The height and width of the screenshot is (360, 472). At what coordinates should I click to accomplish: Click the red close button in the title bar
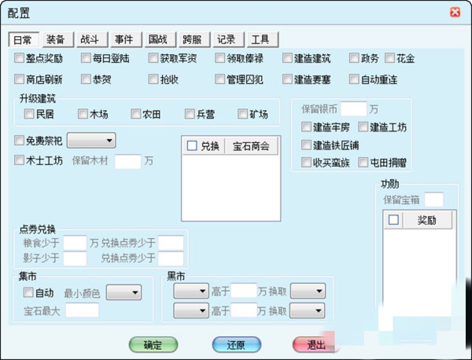[x=455, y=12]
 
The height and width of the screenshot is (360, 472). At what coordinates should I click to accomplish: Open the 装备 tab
[x=58, y=40]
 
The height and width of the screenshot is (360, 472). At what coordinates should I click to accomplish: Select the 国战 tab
[x=160, y=40]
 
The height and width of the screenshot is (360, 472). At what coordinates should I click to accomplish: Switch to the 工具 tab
[x=263, y=40]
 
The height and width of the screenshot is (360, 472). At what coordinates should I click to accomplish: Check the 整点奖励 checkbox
[x=19, y=58]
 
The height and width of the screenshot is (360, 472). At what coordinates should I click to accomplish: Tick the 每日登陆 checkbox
[x=86, y=58]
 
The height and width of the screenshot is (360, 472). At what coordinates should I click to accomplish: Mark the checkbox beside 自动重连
[x=354, y=79]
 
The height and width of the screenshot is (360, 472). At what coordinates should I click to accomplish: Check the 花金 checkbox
[x=390, y=58]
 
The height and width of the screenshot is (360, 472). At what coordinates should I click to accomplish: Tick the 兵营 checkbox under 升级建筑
[x=190, y=114]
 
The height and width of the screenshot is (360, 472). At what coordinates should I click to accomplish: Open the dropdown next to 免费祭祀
[x=91, y=140]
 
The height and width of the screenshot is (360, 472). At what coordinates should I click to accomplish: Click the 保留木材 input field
[x=128, y=161]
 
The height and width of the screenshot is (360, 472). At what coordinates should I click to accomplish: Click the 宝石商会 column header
[x=251, y=146]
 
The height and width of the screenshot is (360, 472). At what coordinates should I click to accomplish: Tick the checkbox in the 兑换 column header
[x=192, y=146]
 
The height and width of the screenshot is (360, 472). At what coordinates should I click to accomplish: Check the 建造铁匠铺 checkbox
[x=306, y=145]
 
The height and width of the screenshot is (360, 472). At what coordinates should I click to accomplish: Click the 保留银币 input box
[x=354, y=109]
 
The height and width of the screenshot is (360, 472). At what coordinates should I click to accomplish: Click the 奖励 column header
[x=427, y=220]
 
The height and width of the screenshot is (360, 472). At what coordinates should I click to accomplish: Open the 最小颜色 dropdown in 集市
[x=124, y=292]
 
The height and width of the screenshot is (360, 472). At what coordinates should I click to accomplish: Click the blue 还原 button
[x=236, y=345]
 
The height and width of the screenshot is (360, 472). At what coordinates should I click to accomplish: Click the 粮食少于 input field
[x=75, y=243]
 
